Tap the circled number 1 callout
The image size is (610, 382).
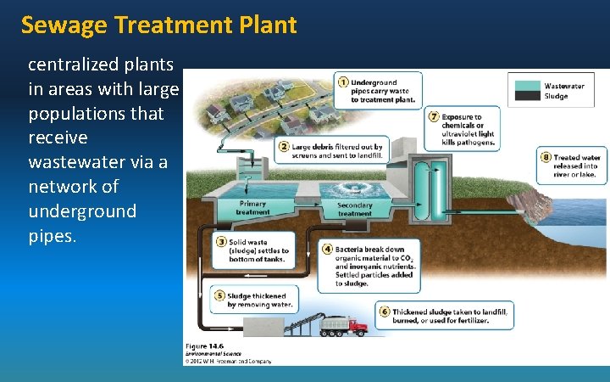[x=343, y=81]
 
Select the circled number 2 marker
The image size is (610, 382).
[x=284, y=146]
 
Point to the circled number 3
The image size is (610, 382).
[x=221, y=242]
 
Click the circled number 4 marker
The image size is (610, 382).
[x=327, y=250]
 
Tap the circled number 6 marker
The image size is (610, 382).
[x=385, y=312]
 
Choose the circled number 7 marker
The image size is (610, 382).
[x=435, y=116]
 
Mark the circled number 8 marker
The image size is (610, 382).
[x=546, y=157]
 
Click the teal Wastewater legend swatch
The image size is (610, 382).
[x=526, y=86]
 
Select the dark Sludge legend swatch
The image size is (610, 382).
[x=526, y=96]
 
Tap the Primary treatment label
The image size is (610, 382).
[x=252, y=208]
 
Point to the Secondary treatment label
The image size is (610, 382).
[x=354, y=209]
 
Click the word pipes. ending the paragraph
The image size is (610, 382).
[x=53, y=235]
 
